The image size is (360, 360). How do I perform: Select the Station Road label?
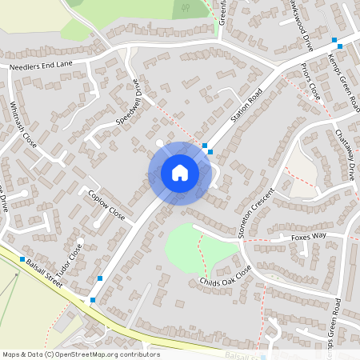pyautogui.click(x=246, y=110)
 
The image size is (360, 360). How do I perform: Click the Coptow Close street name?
pyautogui.click(x=107, y=205)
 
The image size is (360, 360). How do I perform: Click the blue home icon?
pyautogui.click(x=179, y=173)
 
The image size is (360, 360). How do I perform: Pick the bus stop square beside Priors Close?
pyautogui.click(x=334, y=40)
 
